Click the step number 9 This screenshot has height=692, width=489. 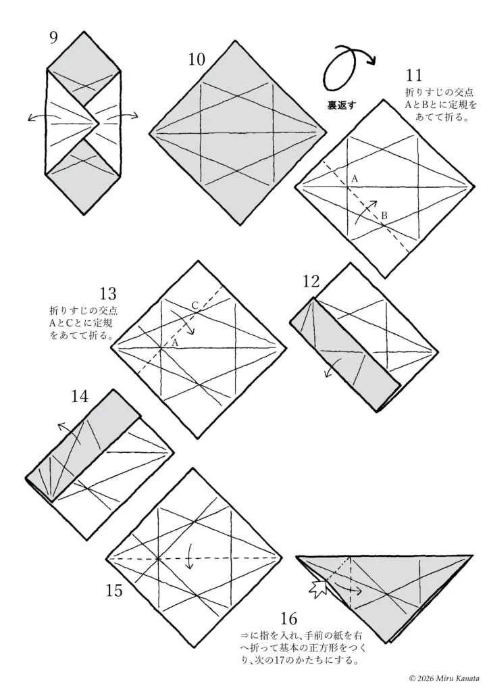point(53,38)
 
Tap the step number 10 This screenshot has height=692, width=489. point(197,59)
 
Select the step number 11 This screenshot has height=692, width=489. point(413,76)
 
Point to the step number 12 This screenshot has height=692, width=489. point(311,282)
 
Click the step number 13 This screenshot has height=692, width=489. point(107,293)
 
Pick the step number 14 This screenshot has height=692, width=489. point(80,397)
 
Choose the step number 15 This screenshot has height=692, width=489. point(113,591)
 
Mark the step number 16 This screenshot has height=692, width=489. point(288,619)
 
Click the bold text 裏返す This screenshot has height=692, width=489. point(341,105)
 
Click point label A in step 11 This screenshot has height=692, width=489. point(355,179)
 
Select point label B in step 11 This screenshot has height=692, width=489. point(384,216)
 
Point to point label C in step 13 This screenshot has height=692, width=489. point(195,305)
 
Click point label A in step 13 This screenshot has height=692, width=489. point(175,342)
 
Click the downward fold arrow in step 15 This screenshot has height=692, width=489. point(190,557)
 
